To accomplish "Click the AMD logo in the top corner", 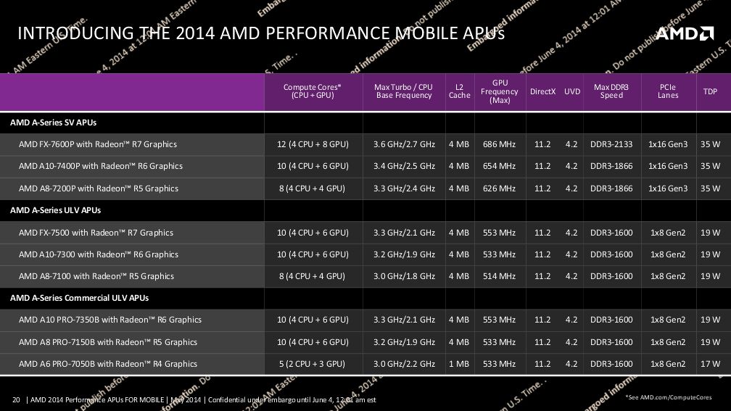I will point(685,33).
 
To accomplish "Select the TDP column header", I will point(710,92).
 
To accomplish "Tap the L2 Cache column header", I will point(459,91).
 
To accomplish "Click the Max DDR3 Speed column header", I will point(611,91).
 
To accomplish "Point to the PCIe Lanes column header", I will point(668,91).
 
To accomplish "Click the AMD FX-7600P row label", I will point(98,144).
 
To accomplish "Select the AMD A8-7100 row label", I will point(96,276).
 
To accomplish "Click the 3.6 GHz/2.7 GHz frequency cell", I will point(405,144).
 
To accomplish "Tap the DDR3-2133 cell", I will point(611,144).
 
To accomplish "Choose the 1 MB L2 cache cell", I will point(459,364).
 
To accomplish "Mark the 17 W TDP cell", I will point(711,364).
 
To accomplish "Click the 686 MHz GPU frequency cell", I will point(499,144).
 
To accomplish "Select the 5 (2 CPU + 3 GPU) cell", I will point(313,364).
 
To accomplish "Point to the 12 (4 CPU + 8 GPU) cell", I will point(313,144).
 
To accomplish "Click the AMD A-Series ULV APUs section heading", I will point(55,210).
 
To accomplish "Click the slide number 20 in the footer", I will point(16,399).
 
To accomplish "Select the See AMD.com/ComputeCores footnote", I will point(668,397).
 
